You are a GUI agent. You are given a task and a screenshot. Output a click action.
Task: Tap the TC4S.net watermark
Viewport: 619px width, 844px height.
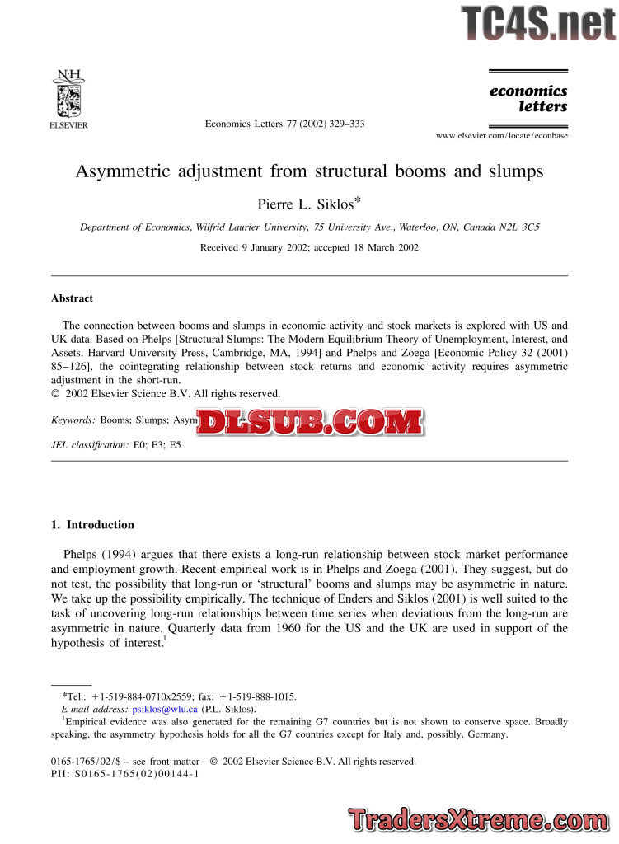[537, 21]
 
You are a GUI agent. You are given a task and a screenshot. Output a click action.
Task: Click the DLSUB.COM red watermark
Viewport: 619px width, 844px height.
[310, 422]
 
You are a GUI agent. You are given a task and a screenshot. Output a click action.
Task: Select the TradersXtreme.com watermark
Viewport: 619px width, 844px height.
[481, 820]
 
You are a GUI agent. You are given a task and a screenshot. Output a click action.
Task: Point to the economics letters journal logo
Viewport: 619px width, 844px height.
[528, 99]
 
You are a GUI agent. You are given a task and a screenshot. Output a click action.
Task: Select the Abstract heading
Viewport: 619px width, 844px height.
[72, 298]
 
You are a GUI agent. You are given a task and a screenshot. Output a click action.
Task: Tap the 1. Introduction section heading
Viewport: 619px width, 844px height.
[92, 525]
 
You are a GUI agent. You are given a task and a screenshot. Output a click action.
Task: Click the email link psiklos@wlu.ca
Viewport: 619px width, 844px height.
[165, 709]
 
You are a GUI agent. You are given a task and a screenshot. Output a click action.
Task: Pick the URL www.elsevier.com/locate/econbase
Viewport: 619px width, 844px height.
[501, 135]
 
